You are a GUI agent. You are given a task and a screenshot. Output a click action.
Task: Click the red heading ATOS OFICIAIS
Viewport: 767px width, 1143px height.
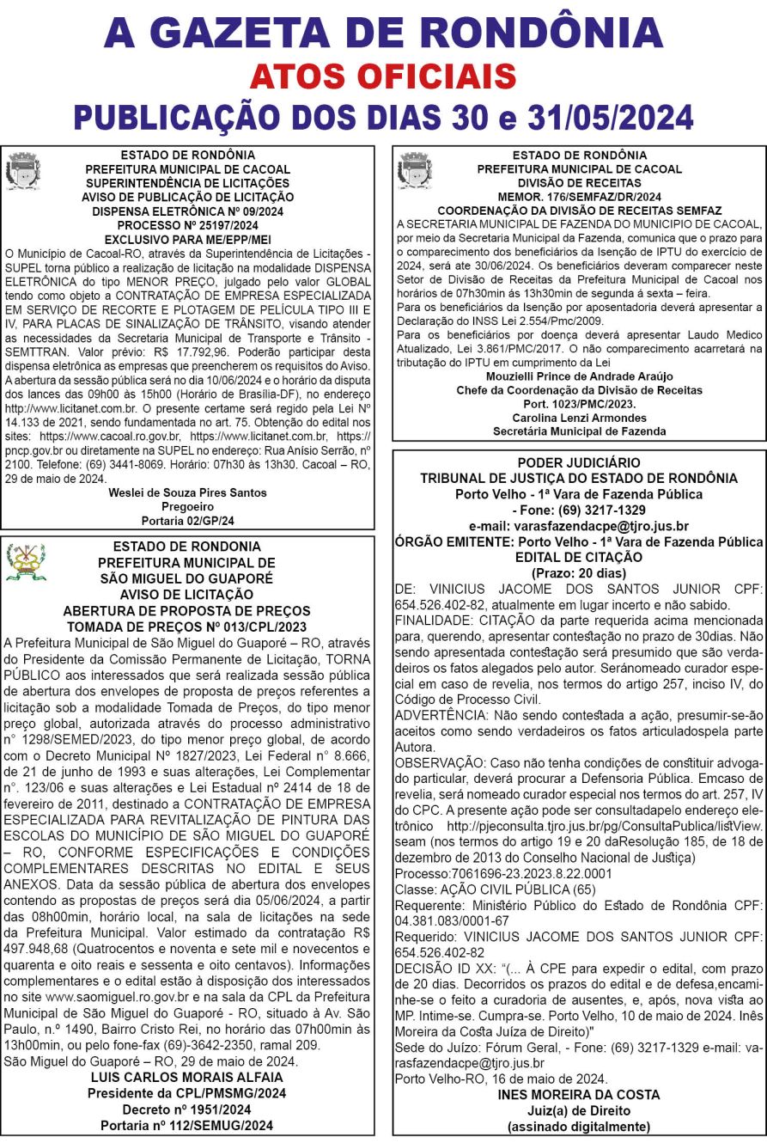[x=383, y=78]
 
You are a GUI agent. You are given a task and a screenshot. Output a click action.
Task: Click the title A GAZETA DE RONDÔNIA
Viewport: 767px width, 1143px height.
[x=383, y=32]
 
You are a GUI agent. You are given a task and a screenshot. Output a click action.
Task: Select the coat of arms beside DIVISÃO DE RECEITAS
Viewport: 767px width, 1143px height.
[x=414, y=170]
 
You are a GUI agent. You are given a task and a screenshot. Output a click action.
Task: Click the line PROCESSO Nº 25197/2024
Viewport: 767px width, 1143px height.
[x=187, y=226]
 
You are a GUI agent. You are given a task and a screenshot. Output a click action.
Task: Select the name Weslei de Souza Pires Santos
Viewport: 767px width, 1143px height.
[x=187, y=493]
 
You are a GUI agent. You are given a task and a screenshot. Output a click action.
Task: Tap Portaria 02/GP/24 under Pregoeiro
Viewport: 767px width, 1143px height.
[x=187, y=520]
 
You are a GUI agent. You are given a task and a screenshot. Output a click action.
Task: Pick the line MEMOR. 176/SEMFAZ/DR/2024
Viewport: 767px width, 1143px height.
[x=578, y=197]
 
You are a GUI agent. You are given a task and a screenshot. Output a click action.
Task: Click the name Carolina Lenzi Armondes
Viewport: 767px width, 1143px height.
[x=578, y=417]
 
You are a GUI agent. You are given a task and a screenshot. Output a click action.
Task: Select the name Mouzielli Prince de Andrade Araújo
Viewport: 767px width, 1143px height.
[x=578, y=376]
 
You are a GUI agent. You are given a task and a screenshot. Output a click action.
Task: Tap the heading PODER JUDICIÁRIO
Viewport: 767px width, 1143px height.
[x=579, y=463]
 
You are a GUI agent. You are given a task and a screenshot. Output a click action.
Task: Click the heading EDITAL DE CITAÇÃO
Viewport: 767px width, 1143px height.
[x=579, y=557]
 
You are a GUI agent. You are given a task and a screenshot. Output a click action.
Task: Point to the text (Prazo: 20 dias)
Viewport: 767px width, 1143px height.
[x=579, y=572]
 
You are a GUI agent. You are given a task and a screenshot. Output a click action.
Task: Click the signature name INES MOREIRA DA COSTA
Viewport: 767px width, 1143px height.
[x=579, y=1095]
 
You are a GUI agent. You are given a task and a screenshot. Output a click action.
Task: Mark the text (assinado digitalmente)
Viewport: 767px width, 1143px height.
[x=579, y=1126]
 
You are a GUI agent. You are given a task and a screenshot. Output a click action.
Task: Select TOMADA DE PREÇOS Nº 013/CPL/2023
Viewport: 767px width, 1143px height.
[x=187, y=626]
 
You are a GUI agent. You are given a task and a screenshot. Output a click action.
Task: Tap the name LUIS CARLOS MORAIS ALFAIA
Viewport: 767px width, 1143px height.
[x=187, y=1078]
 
